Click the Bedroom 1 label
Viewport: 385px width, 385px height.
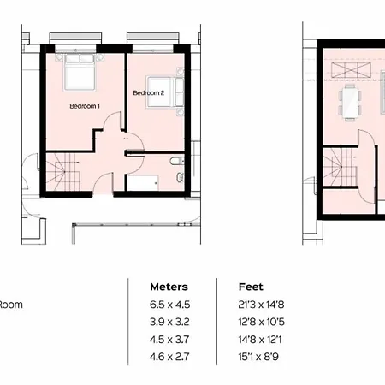point(85,106)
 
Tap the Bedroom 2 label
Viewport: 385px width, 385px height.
point(149,93)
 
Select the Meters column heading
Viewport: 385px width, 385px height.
point(169,287)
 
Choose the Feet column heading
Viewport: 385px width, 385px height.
point(251,287)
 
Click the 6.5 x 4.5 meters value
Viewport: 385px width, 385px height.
point(169,305)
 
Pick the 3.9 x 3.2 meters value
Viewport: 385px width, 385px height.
point(169,322)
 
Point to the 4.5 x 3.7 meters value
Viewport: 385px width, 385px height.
point(169,340)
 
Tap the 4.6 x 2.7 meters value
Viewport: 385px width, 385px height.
point(169,357)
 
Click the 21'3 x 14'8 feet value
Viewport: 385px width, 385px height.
point(261,305)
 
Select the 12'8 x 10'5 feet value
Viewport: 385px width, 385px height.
point(262,322)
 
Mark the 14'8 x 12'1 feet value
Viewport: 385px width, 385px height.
point(260,340)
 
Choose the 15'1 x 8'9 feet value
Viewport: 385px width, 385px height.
point(258,357)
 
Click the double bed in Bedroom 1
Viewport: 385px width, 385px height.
point(80,72)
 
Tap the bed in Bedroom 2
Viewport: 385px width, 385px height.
point(165,92)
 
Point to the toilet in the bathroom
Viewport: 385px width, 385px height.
point(177,161)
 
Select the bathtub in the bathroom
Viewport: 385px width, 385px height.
point(143,182)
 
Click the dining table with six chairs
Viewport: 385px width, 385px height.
point(350,101)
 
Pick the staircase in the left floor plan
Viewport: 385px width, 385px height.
point(63,172)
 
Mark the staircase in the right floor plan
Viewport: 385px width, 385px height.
point(340,167)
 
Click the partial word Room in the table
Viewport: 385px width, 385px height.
point(11,305)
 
